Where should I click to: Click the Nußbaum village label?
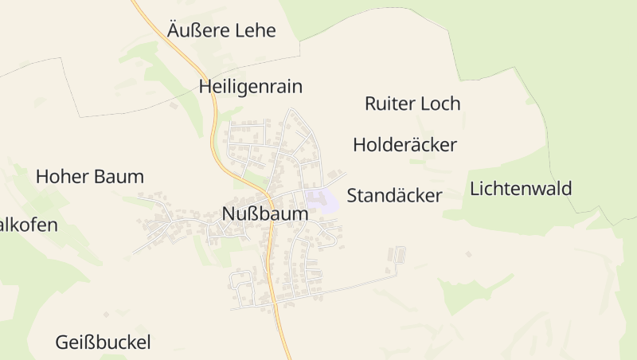[x=264, y=214]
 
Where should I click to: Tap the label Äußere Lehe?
[x=221, y=31]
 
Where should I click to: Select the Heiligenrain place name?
[x=251, y=87]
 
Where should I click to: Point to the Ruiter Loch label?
[x=412, y=104]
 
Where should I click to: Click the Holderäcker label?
[x=404, y=145]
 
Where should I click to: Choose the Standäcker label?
[x=394, y=196]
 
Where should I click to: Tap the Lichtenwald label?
[x=521, y=190]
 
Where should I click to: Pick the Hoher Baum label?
[x=89, y=177]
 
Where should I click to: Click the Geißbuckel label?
[x=103, y=343]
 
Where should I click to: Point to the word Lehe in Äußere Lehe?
[x=254, y=31]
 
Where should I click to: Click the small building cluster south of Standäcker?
[x=396, y=256]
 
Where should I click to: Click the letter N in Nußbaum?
[x=229, y=214]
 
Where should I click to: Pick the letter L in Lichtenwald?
[x=475, y=190]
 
